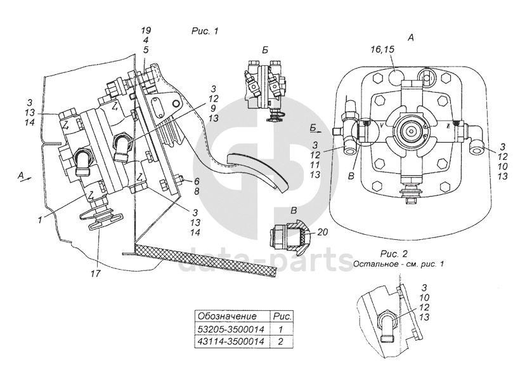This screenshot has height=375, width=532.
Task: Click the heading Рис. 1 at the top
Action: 205,30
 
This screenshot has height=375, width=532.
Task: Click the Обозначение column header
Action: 228,315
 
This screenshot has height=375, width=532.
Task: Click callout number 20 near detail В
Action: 322,233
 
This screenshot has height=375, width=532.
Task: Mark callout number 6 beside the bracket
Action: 197,180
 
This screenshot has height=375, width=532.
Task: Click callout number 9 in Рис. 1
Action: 214,109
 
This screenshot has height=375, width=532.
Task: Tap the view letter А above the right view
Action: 410,37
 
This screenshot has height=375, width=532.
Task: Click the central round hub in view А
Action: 410,131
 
